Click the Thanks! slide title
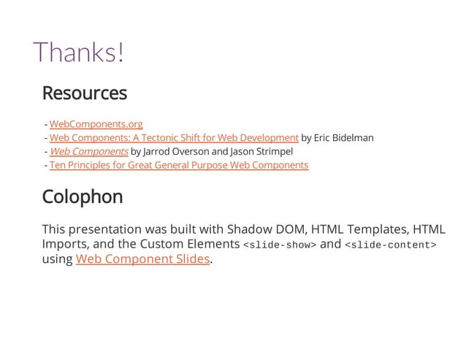tap(79, 52)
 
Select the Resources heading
tap(85, 93)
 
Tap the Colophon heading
tap(83, 197)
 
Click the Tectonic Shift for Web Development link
tap(174, 137)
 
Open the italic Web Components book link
tap(89, 151)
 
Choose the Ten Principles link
tap(178, 165)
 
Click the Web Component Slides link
tap(142, 258)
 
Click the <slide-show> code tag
tap(279, 245)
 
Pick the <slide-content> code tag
tap(391, 245)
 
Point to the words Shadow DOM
tap(257, 229)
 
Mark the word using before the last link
tap(58, 259)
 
